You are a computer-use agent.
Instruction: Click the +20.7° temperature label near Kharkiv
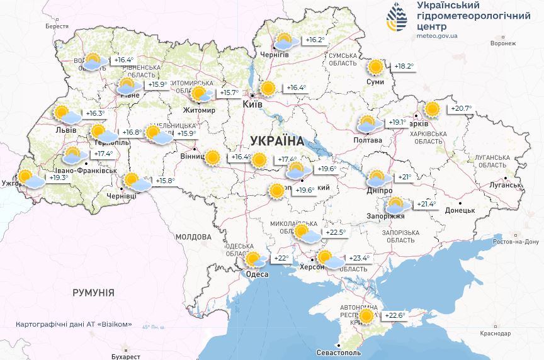[460, 109]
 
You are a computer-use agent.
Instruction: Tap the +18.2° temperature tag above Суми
[404, 66]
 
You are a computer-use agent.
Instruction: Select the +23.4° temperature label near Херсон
[359, 257]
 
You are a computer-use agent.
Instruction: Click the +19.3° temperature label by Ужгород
[58, 178]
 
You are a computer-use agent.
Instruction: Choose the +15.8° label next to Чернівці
[164, 181]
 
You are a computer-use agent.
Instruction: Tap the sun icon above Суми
[376, 67]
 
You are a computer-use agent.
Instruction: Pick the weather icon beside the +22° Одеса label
[254, 259]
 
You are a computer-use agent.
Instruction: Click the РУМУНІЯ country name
[93, 293]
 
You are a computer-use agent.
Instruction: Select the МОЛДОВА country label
[193, 237]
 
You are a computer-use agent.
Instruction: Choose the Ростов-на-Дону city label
[516, 242]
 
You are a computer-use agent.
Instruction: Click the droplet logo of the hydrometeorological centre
[397, 17]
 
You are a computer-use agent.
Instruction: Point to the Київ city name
[252, 106]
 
